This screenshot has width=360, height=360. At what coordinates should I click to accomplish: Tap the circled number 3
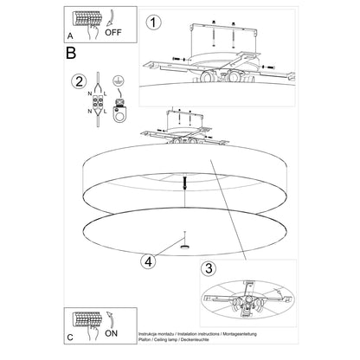[209, 269]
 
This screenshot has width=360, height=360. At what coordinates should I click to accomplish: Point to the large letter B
[71, 53]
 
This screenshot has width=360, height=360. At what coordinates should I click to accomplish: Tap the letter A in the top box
[69, 36]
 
